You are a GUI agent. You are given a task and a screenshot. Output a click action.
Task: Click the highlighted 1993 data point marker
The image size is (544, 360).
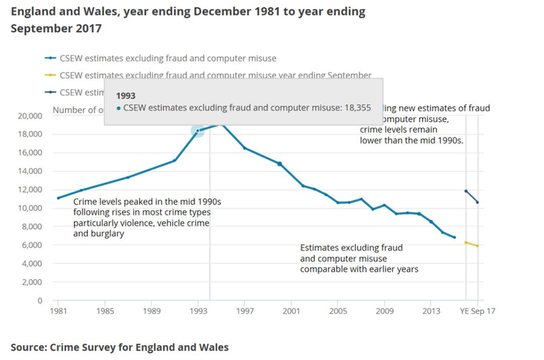(197, 131)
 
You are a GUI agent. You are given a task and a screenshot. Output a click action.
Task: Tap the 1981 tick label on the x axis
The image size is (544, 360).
(58, 311)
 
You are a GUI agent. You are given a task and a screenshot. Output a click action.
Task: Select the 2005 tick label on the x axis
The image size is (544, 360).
(338, 311)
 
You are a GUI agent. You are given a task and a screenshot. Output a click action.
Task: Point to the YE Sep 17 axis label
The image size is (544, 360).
(476, 311)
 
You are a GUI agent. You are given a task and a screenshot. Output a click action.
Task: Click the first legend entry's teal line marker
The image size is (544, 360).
(50, 58)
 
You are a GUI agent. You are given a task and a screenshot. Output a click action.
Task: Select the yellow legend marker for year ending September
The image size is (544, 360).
(50, 75)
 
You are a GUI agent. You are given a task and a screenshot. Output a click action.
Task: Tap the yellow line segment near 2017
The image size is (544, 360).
(472, 244)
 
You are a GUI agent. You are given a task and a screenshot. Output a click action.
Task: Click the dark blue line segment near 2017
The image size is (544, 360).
(472, 196)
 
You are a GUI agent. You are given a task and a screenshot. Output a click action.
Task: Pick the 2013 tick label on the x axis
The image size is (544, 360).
(431, 311)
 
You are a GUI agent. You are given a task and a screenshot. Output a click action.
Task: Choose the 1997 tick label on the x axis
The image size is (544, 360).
(244, 311)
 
